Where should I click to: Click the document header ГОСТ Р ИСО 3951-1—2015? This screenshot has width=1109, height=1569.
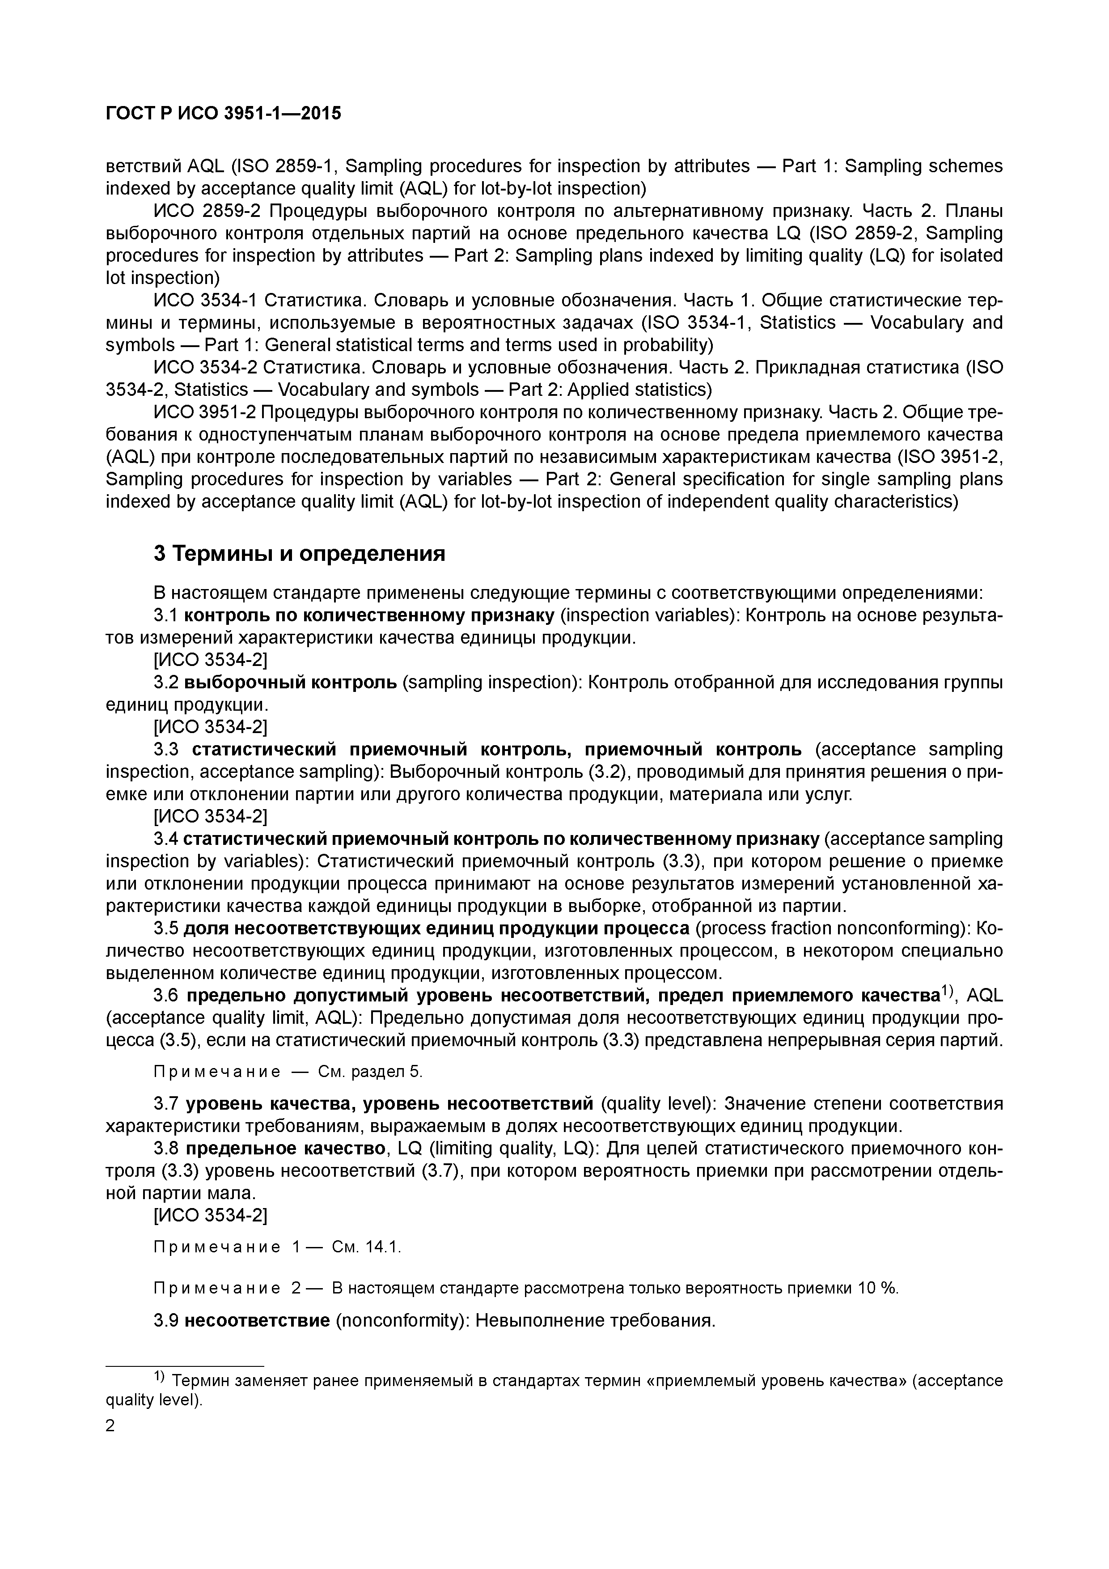[224, 114]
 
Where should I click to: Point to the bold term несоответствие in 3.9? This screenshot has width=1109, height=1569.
[258, 1320]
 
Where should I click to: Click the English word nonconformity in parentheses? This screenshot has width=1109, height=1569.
[400, 1320]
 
